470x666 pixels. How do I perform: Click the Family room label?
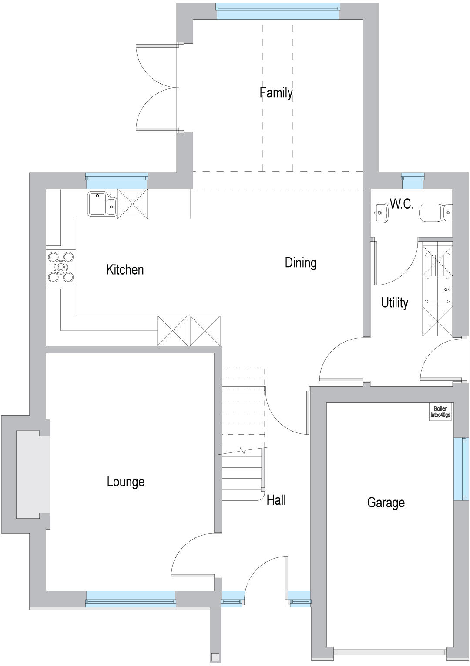pos(276,92)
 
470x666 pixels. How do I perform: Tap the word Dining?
pos(300,262)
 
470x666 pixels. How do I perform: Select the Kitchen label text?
pos(125,269)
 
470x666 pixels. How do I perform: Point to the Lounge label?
pos(125,482)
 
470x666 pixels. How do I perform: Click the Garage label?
pos(386,503)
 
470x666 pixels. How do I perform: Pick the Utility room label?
pos(394,302)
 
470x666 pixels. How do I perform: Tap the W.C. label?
pos(401,204)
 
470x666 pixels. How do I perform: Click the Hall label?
pos(276,500)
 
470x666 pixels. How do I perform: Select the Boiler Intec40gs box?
pos(440,412)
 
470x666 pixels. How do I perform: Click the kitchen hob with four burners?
pos(61,267)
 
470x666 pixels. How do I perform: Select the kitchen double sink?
pos(102,204)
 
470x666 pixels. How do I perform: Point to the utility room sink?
pos(437,289)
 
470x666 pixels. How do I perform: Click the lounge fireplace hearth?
pos(33,474)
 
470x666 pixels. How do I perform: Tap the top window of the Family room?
pos(278,12)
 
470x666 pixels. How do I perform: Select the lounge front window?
pos(131,598)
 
